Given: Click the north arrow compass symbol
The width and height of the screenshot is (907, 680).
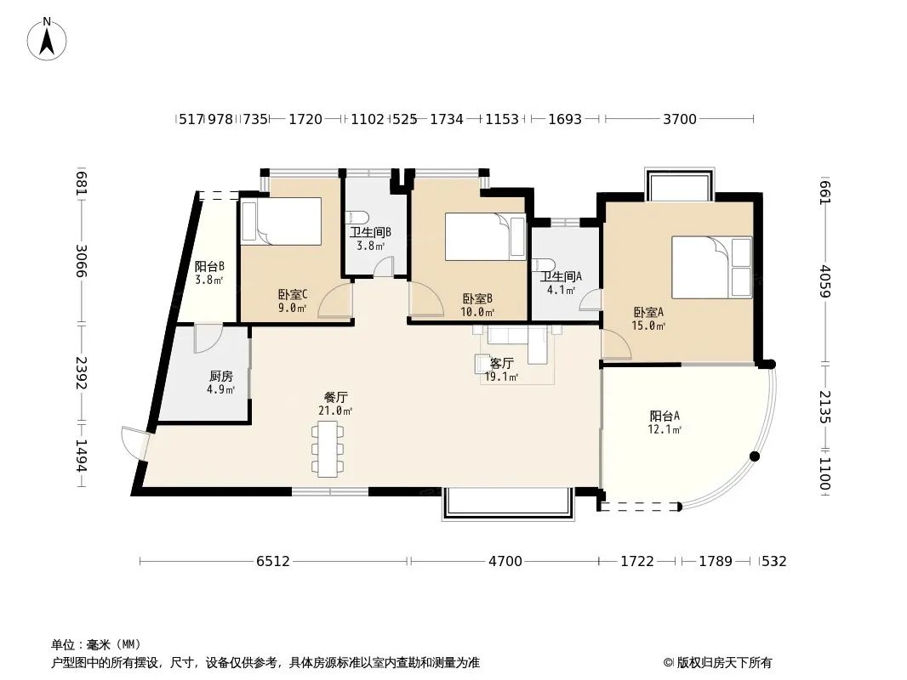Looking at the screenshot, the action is pyautogui.click(x=47, y=39).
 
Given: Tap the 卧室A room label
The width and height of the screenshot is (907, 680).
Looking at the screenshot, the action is pyautogui.click(x=648, y=313).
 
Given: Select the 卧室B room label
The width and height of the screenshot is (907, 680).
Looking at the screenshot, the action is pyautogui.click(x=477, y=299).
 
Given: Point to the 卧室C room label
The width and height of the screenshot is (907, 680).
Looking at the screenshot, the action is pyautogui.click(x=293, y=295).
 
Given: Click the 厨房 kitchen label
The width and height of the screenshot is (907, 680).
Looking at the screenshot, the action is pyautogui.click(x=221, y=377).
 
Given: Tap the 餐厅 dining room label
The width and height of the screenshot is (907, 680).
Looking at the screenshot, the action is pyautogui.click(x=335, y=398).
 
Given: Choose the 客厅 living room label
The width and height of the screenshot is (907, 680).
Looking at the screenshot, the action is pyautogui.click(x=501, y=364).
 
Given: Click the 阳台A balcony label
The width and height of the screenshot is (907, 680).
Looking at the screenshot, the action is pyautogui.click(x=665, y=416).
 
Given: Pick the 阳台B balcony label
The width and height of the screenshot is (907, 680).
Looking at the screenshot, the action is pyautogui.click(x=209, y=267).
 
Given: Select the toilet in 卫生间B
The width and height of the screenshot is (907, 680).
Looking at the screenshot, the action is pyautogui.click(x=357, y=218).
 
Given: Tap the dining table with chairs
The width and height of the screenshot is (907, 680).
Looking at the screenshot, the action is pyautogui.click(x=328, y=449).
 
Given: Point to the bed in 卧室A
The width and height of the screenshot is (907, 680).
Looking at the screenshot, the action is pyautogui.click(x=711, y=267).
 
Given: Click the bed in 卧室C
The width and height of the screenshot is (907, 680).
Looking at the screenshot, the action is pyautogui.click(x=281, y=221).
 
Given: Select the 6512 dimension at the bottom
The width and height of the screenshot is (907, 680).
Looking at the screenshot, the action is pyautogui.click(x=273, y=561).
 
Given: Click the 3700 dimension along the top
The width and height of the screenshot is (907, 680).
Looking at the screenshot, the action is pyautogui.click(x=680, y=119).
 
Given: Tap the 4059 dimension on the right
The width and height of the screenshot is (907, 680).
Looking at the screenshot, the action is pyautogui.click(x=825, y=281).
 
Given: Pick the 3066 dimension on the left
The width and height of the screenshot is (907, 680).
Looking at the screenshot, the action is pyautogui.click(x=82, y=261).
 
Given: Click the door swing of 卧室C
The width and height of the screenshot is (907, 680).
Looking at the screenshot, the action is pyautogui.click(x=335, y=301).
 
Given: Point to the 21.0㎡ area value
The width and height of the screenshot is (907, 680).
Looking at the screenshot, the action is pyautogui.click(x=335, y=411).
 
